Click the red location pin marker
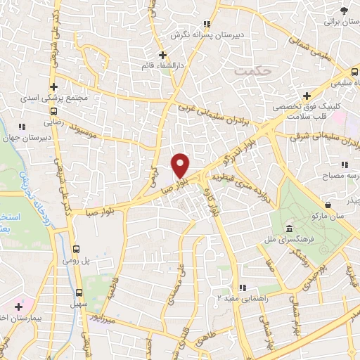tap(181, 165)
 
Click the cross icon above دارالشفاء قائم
tap(162, 55)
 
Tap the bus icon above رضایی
tap(54, 110)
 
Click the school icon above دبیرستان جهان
tap(22, 127)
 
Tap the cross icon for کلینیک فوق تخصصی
tap(307, 96)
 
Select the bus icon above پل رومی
tap(77, 249)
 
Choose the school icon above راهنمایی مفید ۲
tap(243, 288)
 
